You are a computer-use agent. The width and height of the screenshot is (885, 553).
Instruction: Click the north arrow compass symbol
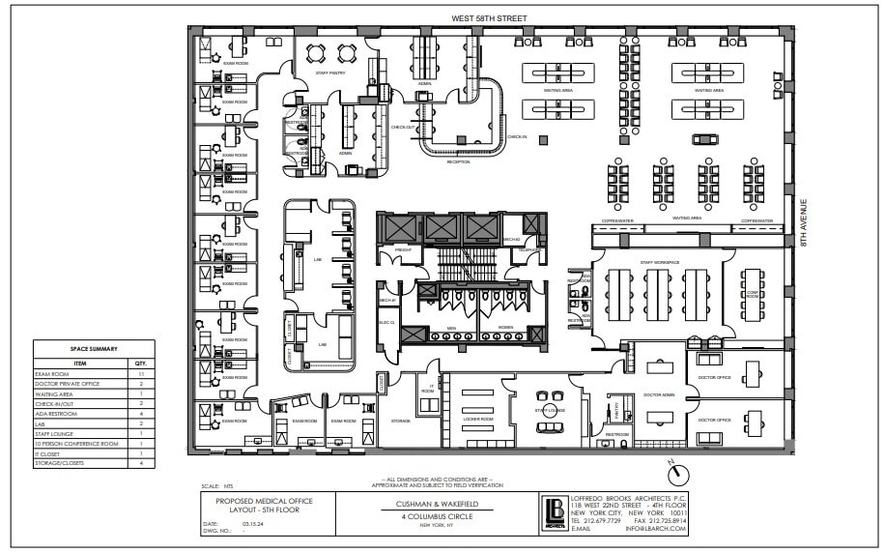pos(680,474)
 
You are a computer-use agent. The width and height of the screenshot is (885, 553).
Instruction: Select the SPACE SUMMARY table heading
pos(94,350)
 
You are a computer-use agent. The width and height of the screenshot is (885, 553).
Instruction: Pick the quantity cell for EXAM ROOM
pos(140,373)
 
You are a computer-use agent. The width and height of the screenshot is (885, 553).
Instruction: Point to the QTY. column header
pos(140,363)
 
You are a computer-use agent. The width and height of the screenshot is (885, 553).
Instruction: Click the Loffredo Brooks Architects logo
pos(555,512)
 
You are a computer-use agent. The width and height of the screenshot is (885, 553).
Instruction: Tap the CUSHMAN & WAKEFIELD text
pos(440,504)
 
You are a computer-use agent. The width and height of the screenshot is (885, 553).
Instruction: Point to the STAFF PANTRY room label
pos(331,72)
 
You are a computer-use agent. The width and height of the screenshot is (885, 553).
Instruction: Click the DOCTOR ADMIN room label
pos(659,394)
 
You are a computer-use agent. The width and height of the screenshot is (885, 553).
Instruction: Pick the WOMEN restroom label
pos(504,328)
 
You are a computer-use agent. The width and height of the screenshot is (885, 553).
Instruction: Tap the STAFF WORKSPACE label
pos(660,262)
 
